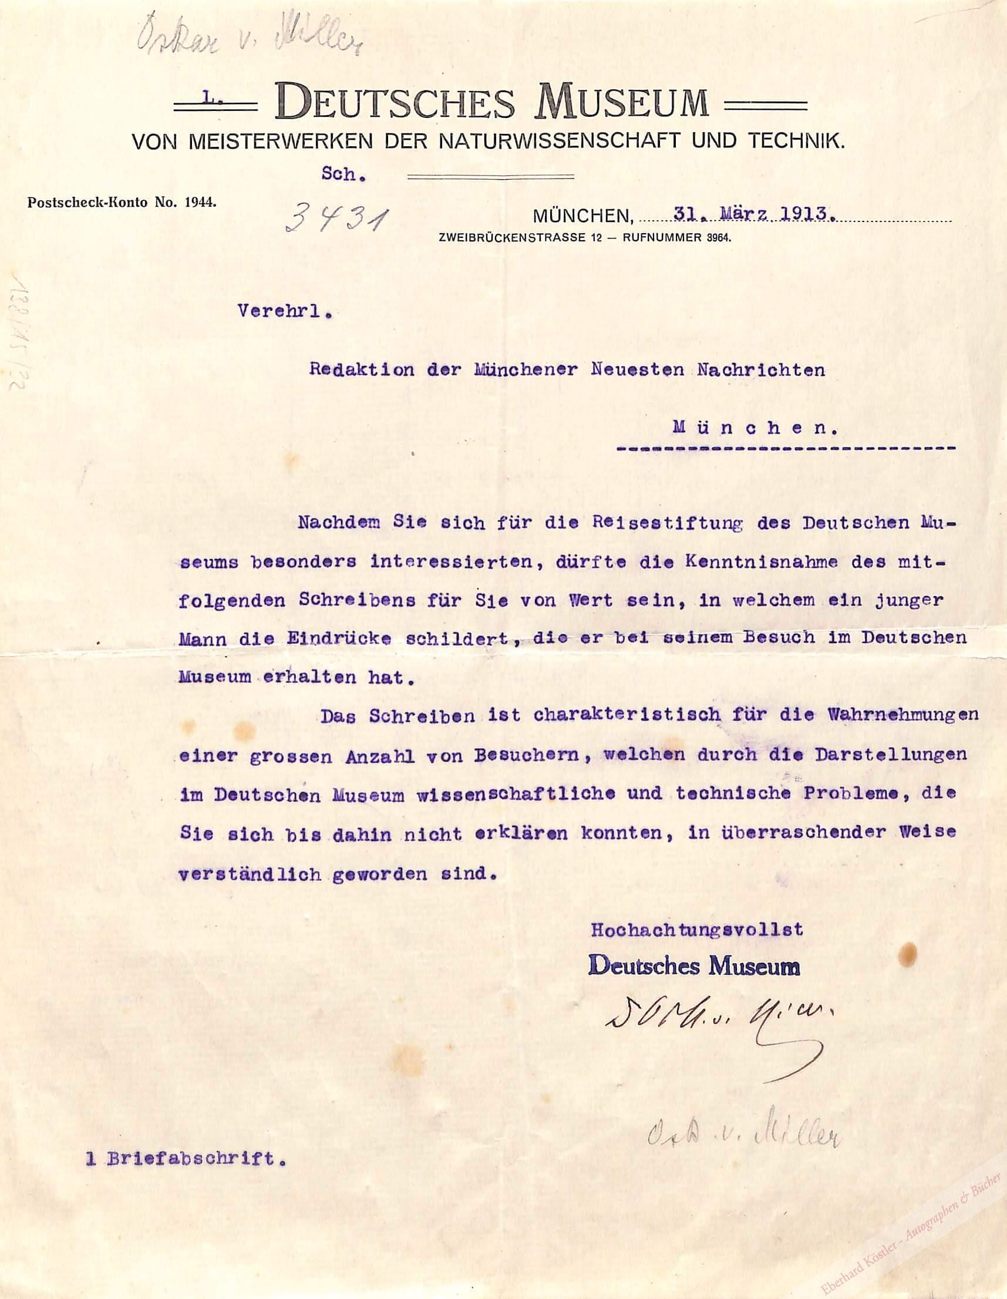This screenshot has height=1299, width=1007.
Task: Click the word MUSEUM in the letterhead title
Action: [x=624, y=102]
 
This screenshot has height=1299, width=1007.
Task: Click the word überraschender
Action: [x=780, y=832]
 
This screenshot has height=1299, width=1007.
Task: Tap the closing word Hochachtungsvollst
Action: [x=696, y=929]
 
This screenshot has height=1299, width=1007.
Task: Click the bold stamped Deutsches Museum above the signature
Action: [x=693, y=967]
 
